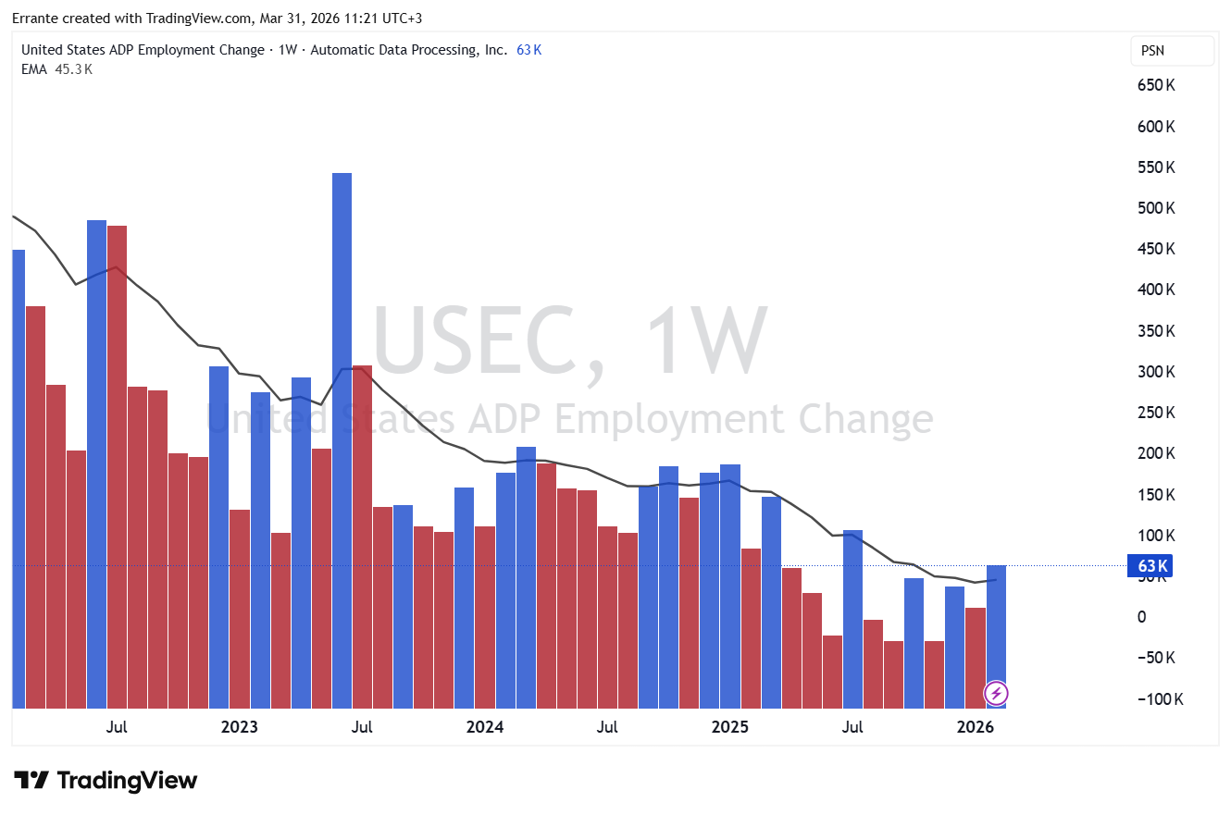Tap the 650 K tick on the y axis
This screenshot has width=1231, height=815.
tap(1156, 85)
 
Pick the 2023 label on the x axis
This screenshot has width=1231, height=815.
tap(239, 727)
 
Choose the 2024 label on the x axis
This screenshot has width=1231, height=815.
tap(484, 727)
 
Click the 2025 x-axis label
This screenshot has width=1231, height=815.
tap(729, 727)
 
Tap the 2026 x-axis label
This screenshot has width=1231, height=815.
tap(975, 727)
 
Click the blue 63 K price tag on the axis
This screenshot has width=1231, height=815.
tap(1150, 566)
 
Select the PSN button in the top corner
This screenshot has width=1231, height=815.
tap(1171, 51)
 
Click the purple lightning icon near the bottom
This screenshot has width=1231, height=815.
tap(996, 693)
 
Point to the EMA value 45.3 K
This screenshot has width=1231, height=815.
tap(73, 68)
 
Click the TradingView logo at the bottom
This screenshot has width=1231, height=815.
tap(105, 781)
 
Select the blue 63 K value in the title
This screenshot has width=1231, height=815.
tap(528, 50)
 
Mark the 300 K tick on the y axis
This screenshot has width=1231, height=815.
tap(1156, 372)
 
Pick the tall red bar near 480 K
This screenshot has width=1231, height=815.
tap(117, 463)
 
